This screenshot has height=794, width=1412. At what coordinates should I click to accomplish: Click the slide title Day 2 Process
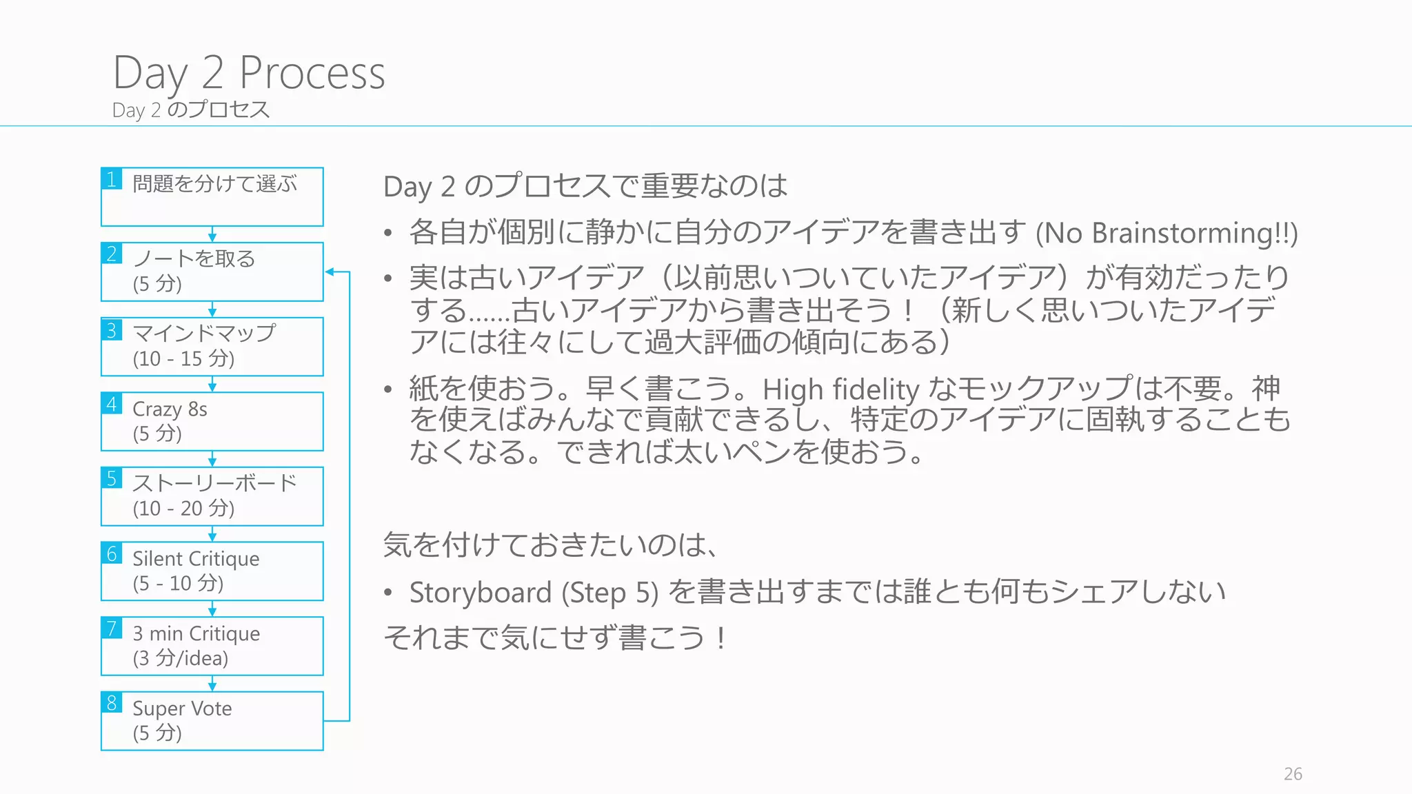[249, 73]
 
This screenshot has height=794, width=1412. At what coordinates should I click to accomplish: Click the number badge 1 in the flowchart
[112, 179]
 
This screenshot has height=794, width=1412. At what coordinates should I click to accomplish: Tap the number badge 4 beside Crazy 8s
[112, 404]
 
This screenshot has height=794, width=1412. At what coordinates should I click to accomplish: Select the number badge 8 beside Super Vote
[112, 703]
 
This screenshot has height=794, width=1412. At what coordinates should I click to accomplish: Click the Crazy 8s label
[170, 409]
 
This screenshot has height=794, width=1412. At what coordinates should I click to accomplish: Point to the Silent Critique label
[196, 558]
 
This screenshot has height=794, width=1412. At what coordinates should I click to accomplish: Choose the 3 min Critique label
[196, 633]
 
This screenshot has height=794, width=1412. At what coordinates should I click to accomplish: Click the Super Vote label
[182, 709]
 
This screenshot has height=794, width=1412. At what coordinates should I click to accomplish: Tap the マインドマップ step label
[204, 333]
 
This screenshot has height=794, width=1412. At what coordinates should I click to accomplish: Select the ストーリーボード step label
[214, 482]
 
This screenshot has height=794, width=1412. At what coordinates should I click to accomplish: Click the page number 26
[1293, 774]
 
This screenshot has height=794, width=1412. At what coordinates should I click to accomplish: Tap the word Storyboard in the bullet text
[480, 593]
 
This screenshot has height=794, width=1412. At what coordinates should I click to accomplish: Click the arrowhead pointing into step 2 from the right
[330, 272]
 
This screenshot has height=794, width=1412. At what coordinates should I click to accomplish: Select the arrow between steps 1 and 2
[212, 234]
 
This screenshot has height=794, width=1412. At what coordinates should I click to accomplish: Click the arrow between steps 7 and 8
[212, 684]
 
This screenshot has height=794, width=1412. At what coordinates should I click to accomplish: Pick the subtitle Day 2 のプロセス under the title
[191, 110]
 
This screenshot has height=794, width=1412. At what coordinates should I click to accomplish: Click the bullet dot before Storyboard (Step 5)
[389, 593]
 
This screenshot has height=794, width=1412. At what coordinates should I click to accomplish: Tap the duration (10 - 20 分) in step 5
[183, 509]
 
